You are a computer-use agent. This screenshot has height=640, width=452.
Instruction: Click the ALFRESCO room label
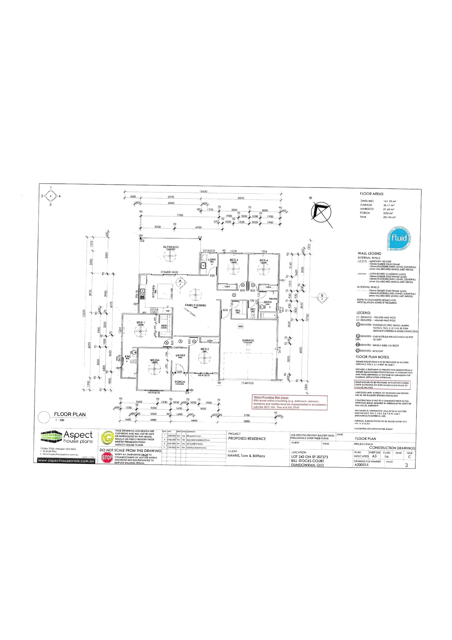coord(171,247)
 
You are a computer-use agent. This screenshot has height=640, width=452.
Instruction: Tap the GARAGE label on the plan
coord(248,340)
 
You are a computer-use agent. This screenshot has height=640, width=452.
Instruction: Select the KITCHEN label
coord(154,291)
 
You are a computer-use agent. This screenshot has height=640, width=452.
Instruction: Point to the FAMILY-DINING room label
coord(196,305)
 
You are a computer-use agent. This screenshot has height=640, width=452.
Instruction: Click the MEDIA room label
coord(155,360)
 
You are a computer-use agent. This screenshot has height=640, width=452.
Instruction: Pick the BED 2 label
coord(205,349)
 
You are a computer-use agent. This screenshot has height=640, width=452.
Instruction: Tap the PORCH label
coord(180,382)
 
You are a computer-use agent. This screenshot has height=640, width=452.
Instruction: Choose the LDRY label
coord(212,260)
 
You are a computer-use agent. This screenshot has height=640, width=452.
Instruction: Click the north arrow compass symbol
coord(321,212)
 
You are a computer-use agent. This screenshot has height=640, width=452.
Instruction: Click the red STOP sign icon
coord(107,458)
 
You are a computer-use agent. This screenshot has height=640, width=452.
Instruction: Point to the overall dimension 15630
coord(204,192)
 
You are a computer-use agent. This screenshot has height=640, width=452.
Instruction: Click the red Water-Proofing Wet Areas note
coord(290,402)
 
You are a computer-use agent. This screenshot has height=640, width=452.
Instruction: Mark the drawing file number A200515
coord(361,465)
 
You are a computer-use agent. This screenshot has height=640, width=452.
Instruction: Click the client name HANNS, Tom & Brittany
coord(246,456)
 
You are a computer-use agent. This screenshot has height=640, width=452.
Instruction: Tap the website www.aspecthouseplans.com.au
coord(66,461)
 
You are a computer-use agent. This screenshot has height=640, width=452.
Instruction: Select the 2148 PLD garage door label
coord(247,383)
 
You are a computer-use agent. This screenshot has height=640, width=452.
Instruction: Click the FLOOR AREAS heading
coord(372,194)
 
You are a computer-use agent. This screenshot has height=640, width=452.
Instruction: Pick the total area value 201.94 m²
coord(389,217)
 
